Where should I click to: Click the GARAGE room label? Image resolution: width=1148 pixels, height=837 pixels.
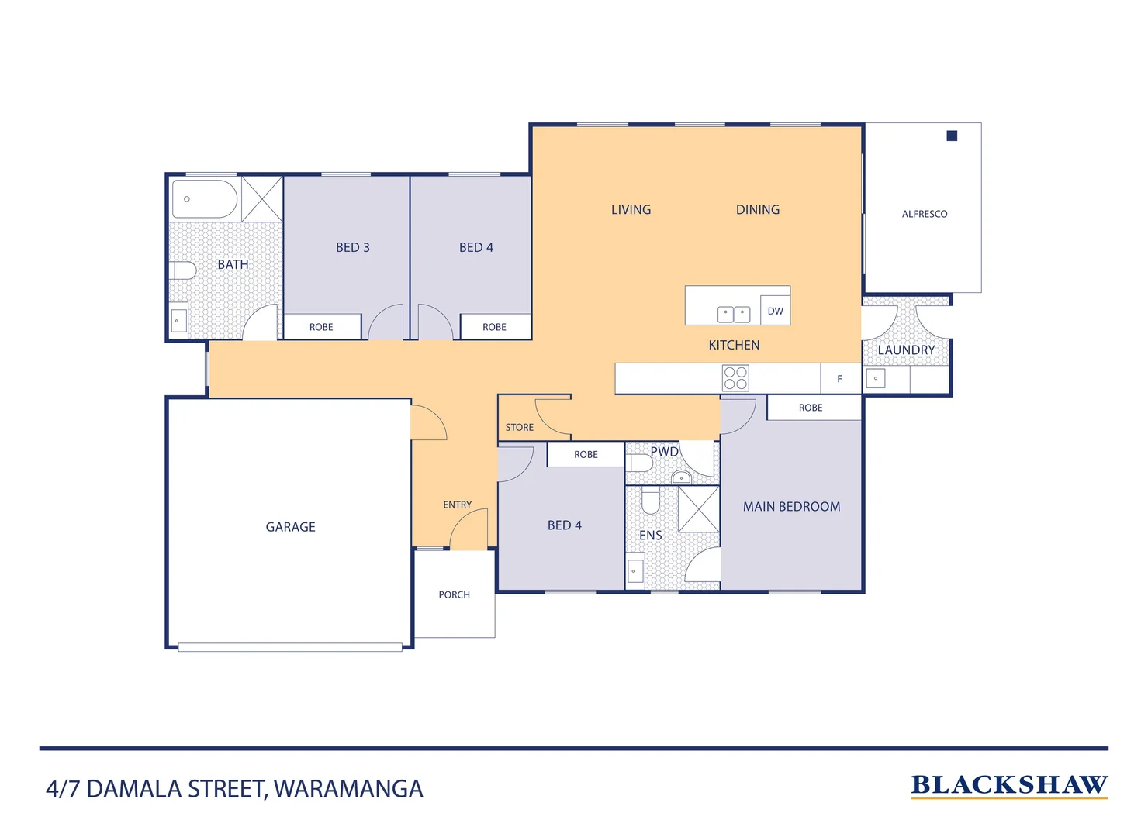pyautogui.click(x=290, y=527)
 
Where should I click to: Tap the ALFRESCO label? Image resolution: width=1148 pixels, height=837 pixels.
pyautogui.click(x=924, y=214)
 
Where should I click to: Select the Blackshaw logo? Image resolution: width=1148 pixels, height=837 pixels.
pyautogui.click(x=1008, y=786)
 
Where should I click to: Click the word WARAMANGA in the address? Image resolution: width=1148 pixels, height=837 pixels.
pyautogui.click(x=348, y=789)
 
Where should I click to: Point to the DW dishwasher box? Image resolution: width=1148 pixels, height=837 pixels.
pyautogui.click(x=775, y=311)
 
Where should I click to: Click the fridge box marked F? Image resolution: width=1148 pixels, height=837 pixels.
pyautogui.click(x=840, y=379)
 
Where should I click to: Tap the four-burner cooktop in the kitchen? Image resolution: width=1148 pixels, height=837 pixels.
pyautogui.click(x=735, y=378)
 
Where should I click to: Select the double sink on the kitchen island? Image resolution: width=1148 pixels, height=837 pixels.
pyautogui.click(x=734, y=314)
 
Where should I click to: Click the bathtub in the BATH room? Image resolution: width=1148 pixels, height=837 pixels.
pyautogui.click(x=204, y=200)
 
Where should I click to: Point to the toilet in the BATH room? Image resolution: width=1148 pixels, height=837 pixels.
pyautogui.click(x=183, y=270)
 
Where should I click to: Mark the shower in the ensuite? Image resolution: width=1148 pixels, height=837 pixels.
pyautogui.click(x=699, y=509)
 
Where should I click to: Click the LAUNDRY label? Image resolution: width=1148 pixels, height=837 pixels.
pyautogui.click(x=906, y=350)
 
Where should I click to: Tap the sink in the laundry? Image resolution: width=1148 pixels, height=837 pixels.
pyautogui.click(x=876, y=379)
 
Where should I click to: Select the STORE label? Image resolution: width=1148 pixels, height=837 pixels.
pyautogui.click(x=519, y=428)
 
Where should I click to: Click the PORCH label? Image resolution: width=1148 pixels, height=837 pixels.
pyautogui.click(x=454, y=595)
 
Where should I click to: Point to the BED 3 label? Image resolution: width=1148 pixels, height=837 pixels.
pyautogui.click(x=352, y=247)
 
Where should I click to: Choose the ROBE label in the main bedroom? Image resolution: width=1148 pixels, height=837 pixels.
pyautogui.click(x=811, y=408)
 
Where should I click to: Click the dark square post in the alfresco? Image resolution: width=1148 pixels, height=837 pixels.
pyautogui.click(x=952, y=136)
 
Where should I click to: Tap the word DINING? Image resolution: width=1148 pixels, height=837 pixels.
pyautogui.click(x=757, y=210)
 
